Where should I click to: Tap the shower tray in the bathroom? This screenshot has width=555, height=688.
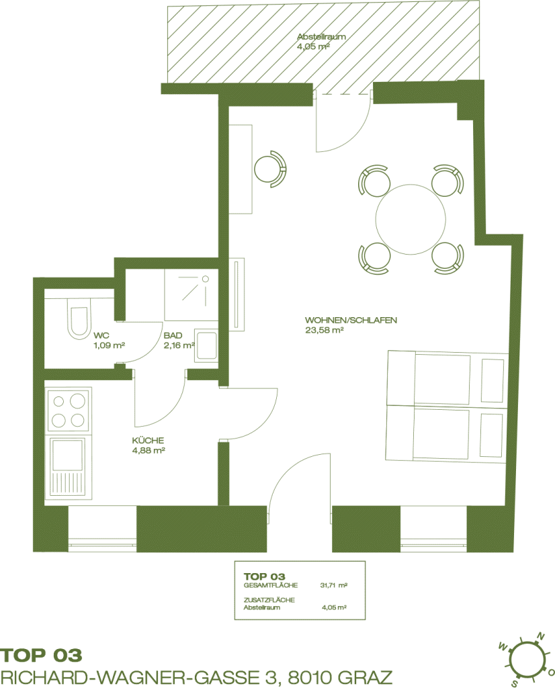(x=191, y=295)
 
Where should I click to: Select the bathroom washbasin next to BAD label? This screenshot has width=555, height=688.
(x=207, y=346)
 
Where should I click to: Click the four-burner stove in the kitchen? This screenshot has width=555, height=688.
(x=69, y=411)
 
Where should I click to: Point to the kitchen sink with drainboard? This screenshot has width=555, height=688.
(x=69, y=468)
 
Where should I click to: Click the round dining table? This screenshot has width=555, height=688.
(x=411, y=218)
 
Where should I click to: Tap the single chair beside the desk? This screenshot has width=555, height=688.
(x=270, y=169)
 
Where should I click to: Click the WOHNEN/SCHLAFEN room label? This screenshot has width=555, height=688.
(x=351, y=320)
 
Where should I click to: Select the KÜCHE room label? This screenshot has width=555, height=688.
(x=148, y=441)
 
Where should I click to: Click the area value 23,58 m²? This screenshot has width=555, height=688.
(x=324, y=331)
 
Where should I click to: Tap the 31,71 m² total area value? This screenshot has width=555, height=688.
(x=334, y=585)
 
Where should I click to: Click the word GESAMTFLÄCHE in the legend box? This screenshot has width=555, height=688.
(x=270, y=585)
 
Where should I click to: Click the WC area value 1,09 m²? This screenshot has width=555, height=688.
(x=110, y=345)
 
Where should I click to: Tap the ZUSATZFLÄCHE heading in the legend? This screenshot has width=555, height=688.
(x=269, y=600)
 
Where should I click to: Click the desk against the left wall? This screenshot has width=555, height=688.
(x=241, y=169)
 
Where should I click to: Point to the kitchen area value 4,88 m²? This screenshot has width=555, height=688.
(x=148, y=450)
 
